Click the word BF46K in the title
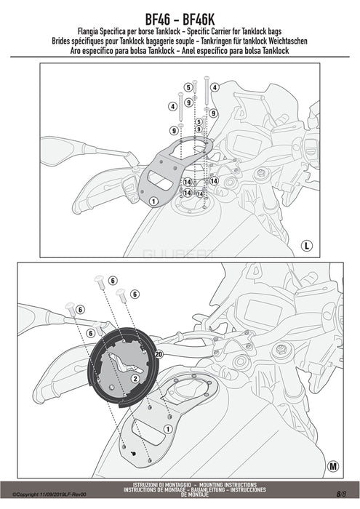[x=199, y=20]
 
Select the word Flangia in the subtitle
[x=88, y=32]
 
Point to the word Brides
[x=60, y=41]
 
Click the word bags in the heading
[x=275, y=32]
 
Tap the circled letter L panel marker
[x=306, y=245]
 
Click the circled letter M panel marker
[x=332, y=467]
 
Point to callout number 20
[x=159, y=355]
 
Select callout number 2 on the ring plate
[x=135, y=379]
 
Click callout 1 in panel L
[x=153, y=201]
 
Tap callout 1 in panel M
[x=167, y=429]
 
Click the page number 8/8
[x=341, y=494]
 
